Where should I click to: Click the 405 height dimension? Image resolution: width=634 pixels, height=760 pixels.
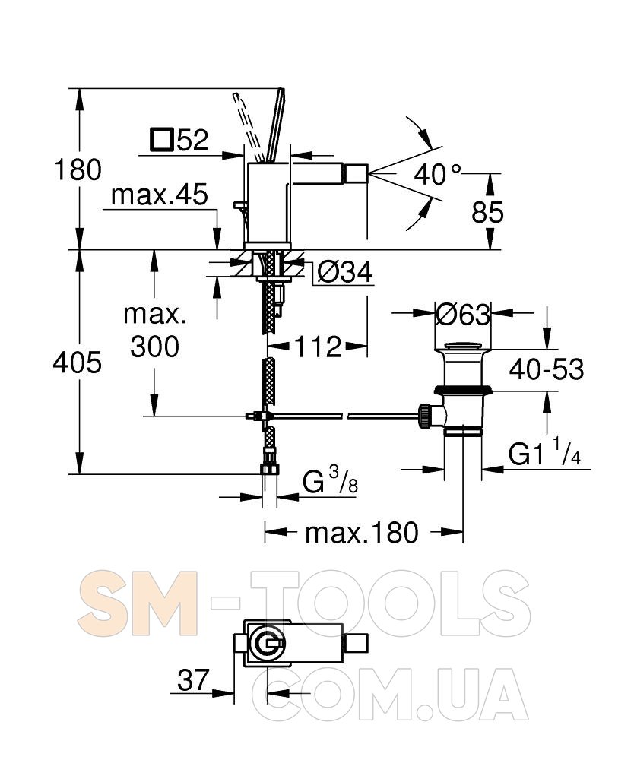click(77, 362)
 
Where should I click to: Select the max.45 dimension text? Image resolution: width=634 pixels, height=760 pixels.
click(160, 195)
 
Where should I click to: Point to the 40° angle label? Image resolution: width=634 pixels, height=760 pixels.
click(437, 174)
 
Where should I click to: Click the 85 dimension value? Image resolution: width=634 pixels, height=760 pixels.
click(487, 212)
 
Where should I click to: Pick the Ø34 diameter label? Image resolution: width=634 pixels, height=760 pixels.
click(345, 271)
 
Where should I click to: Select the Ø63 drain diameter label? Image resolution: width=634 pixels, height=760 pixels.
click(463, 315)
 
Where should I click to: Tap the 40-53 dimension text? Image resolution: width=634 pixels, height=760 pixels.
click(547, 370)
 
